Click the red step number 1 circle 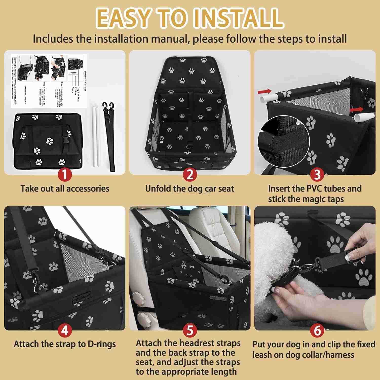tap(65, 175)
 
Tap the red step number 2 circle tap(190, 175)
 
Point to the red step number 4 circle tap(65, 330)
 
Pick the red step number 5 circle tap(190, 330)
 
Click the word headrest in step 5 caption tap(198, 343)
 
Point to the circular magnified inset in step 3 tap(283, 142)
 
